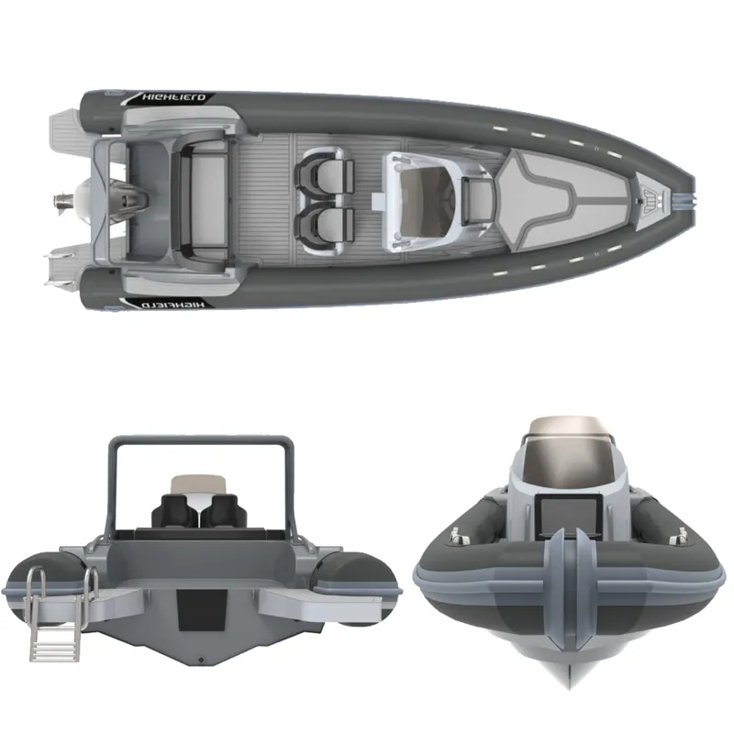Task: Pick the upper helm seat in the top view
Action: click(324, 174)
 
